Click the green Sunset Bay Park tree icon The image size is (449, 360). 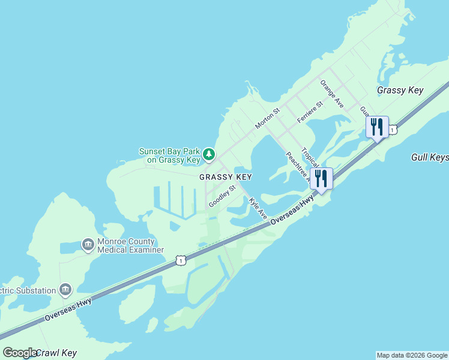208,155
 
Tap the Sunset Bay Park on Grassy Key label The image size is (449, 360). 169,156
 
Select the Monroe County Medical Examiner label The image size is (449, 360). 130,245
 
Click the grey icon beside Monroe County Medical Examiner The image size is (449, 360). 87,245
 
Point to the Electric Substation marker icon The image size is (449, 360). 65,290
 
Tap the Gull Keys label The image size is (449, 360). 430,157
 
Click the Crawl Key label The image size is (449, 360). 56,353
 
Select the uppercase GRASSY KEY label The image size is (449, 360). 225,177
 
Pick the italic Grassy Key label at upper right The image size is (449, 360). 400,91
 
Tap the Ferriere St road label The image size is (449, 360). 310,112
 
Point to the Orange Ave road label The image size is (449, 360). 332,94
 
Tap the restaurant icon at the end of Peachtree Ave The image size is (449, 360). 321,179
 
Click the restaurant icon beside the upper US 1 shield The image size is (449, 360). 376,127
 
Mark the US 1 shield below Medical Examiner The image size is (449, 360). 180,260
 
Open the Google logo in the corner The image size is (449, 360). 20,353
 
